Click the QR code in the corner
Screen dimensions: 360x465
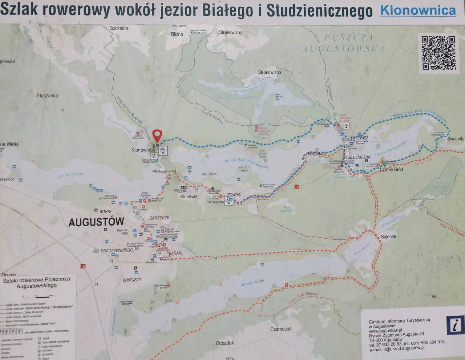[438, 52]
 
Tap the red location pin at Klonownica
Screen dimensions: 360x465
[157, 135]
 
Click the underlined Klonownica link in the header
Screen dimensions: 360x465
[418, 10]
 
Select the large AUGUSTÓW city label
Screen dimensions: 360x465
[96, 222]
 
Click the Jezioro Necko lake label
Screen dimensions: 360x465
[70, 175]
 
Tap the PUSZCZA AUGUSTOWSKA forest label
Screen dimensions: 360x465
[343, 43]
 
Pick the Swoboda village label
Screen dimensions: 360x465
[456, 139]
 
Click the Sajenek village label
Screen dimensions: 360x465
[388, 236]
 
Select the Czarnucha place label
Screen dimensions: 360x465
[281, 329]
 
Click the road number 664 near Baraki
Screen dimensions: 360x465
[214, 258]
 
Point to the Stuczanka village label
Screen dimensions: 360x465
[47, 96]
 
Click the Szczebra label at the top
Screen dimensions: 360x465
[119, 28]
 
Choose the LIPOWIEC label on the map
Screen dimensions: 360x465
[233, 195]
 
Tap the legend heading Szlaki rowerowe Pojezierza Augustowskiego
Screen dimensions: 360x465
[36, 283]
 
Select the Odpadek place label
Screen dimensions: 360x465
[225, 343]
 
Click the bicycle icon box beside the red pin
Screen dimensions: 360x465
[163, 149]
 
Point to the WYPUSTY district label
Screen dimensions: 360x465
[132, 280]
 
